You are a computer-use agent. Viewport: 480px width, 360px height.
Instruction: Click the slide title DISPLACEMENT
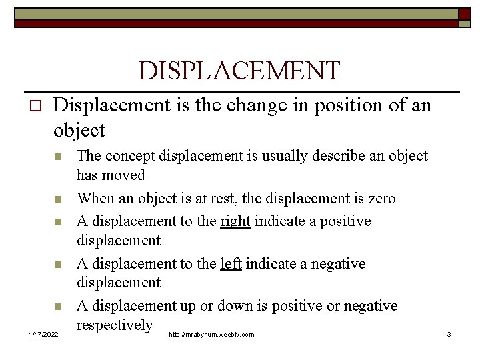pyautogui.click(x=239, y=71)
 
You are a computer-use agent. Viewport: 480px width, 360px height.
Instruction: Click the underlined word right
pyautogui.click(x=235, y=221)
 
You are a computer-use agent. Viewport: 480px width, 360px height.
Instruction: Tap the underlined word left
pyautogui.click(x=231, y=264)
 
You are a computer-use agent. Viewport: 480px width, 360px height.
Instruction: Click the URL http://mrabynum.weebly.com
pyautogui.click(x=211, y=334)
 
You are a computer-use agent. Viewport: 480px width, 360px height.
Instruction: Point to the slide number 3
pyautogui.click(x=449, y=334)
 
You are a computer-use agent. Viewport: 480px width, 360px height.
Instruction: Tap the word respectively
pyautogui.click(x=115, y=325)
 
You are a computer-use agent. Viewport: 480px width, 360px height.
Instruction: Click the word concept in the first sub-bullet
pyautogui.click(x=127, y=156)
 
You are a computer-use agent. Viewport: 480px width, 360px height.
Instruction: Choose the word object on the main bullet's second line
pyautogui.click(x=79, y=130)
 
